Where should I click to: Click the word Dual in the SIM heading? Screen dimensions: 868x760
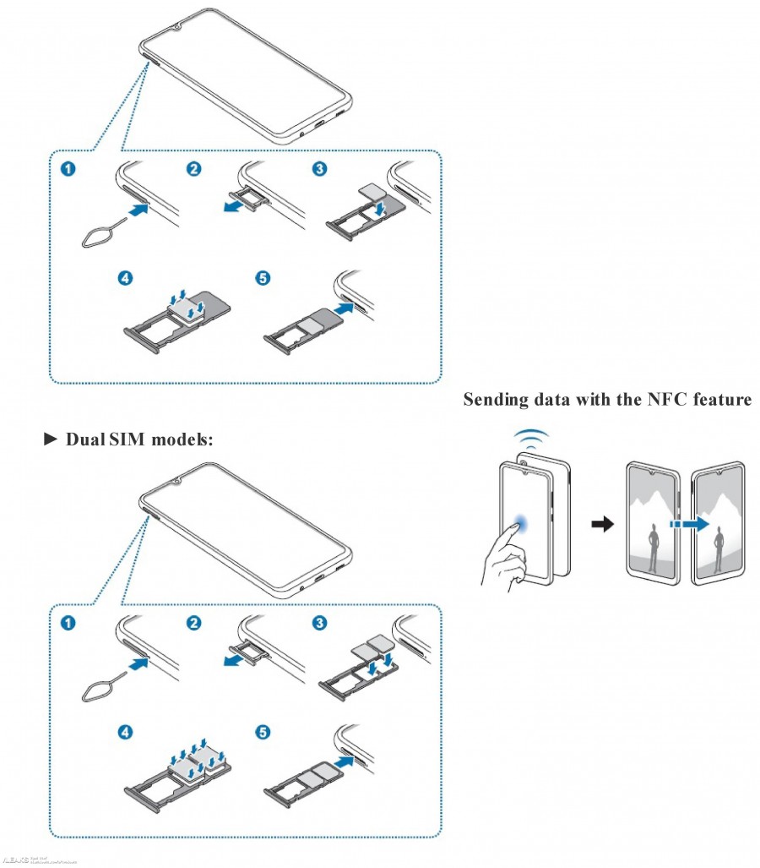pos(85,439)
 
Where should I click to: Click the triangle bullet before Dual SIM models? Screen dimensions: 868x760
pos(50,439)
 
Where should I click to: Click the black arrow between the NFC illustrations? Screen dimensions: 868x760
pos(601,525)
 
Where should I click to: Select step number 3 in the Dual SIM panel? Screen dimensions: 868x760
pos(319,623)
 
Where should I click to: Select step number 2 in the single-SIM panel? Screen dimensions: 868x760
pos(194,169)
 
